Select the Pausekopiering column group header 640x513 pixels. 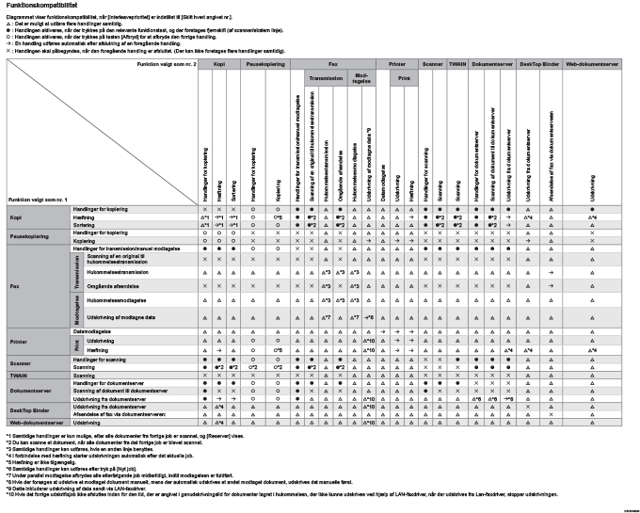266,63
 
